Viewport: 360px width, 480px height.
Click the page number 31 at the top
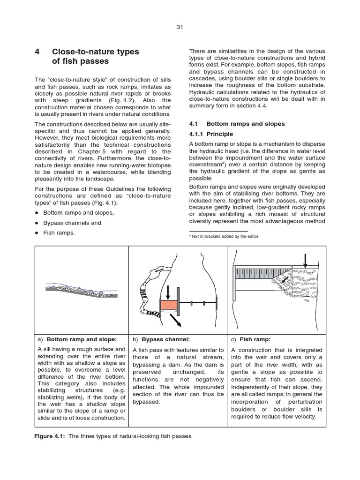tap(180, 27)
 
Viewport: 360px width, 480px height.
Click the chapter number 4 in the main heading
tap(37, 52)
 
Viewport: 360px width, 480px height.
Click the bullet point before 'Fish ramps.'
tap(37, 233)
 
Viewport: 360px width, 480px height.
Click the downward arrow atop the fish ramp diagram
tap(305, 259)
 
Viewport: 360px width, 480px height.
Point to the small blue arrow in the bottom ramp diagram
tap(50, 285)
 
